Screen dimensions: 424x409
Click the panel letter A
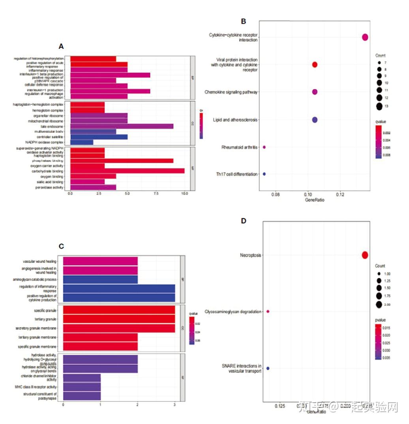click(61, 46)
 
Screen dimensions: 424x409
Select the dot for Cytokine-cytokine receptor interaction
click(365, 37)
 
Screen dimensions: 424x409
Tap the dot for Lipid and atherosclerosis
click(315, 120)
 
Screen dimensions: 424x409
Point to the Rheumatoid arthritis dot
click(264, 147)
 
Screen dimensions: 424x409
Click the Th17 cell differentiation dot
click(264, 174)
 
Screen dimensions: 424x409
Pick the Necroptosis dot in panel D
click(365, 255)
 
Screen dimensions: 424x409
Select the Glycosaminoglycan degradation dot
click(268, 311)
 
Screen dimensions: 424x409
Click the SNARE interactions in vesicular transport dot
click(268, 368)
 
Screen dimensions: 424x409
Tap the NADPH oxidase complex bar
click(82, 141)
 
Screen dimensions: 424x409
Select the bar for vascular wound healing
click(100, 262)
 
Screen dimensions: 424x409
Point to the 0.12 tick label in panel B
click(340, 195)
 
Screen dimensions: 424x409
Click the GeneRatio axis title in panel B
click(315, 201)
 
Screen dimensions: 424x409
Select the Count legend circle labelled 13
click(379, 106)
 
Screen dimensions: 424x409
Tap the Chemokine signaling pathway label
click(231, 92)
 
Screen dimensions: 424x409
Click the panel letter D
click(243, 220)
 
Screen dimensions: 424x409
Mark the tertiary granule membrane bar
click(100, 337)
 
